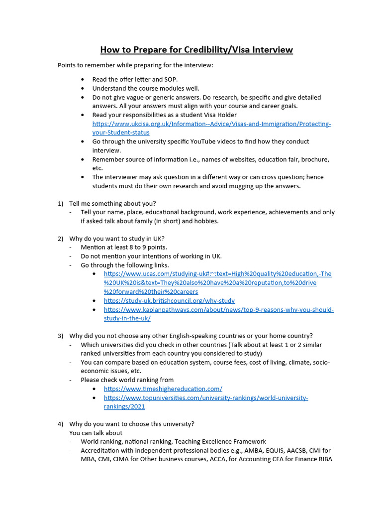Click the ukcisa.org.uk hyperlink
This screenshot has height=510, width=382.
[211, 124]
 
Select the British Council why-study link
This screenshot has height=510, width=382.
[169, 301]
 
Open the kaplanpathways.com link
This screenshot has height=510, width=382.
[218, 310]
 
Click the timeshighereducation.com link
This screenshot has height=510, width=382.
[163, 389]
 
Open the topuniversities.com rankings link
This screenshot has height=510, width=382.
[206, 398]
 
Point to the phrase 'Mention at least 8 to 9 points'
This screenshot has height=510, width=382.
[124, 248]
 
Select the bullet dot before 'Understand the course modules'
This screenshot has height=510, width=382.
[83, 89]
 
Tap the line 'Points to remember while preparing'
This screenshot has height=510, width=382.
[135, 65]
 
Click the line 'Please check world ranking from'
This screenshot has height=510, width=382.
[127, 380]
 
